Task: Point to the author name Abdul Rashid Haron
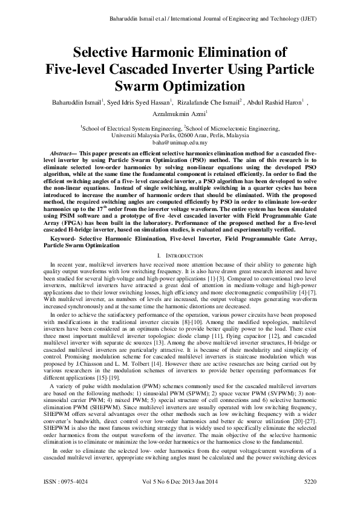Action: (277, 102)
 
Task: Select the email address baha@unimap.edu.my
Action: (180, 143)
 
